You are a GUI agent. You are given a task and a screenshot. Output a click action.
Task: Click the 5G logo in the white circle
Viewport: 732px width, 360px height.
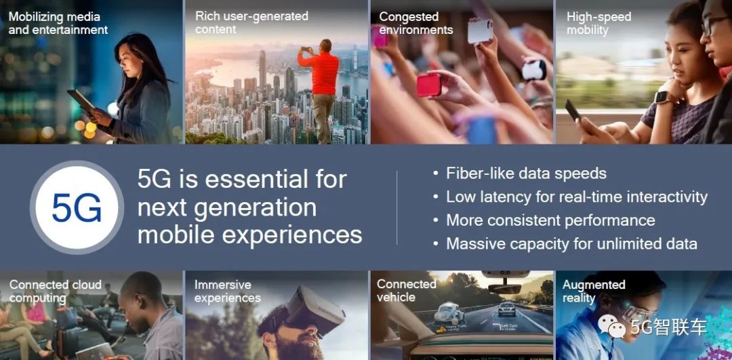[77, 207]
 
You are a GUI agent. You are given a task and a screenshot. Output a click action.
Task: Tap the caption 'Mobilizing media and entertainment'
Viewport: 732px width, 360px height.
[58, 23]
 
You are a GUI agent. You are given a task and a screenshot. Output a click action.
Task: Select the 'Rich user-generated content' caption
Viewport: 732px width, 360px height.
[251, 22]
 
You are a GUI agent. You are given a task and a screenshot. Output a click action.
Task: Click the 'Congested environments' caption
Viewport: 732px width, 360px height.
[416, 23]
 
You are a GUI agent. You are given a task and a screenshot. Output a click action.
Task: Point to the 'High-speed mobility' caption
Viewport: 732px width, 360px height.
[598, 24]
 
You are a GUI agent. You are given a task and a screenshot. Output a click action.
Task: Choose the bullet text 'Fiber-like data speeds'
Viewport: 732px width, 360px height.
[526, 174]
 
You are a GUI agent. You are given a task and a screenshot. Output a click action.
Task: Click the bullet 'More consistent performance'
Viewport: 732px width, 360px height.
[550, 220]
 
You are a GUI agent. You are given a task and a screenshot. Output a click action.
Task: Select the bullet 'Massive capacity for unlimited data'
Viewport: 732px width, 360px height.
[571, 243]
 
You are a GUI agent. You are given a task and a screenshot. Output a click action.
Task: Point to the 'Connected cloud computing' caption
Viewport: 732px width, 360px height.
[55, 292]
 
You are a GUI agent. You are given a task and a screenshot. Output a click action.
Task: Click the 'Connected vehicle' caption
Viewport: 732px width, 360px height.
[406, 290]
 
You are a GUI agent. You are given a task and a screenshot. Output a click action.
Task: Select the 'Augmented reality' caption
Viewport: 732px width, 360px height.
[594, 292]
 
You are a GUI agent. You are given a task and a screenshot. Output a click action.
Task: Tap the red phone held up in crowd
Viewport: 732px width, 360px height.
[429, 85]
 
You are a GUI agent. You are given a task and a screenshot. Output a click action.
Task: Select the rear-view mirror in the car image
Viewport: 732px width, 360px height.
[504, 288]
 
